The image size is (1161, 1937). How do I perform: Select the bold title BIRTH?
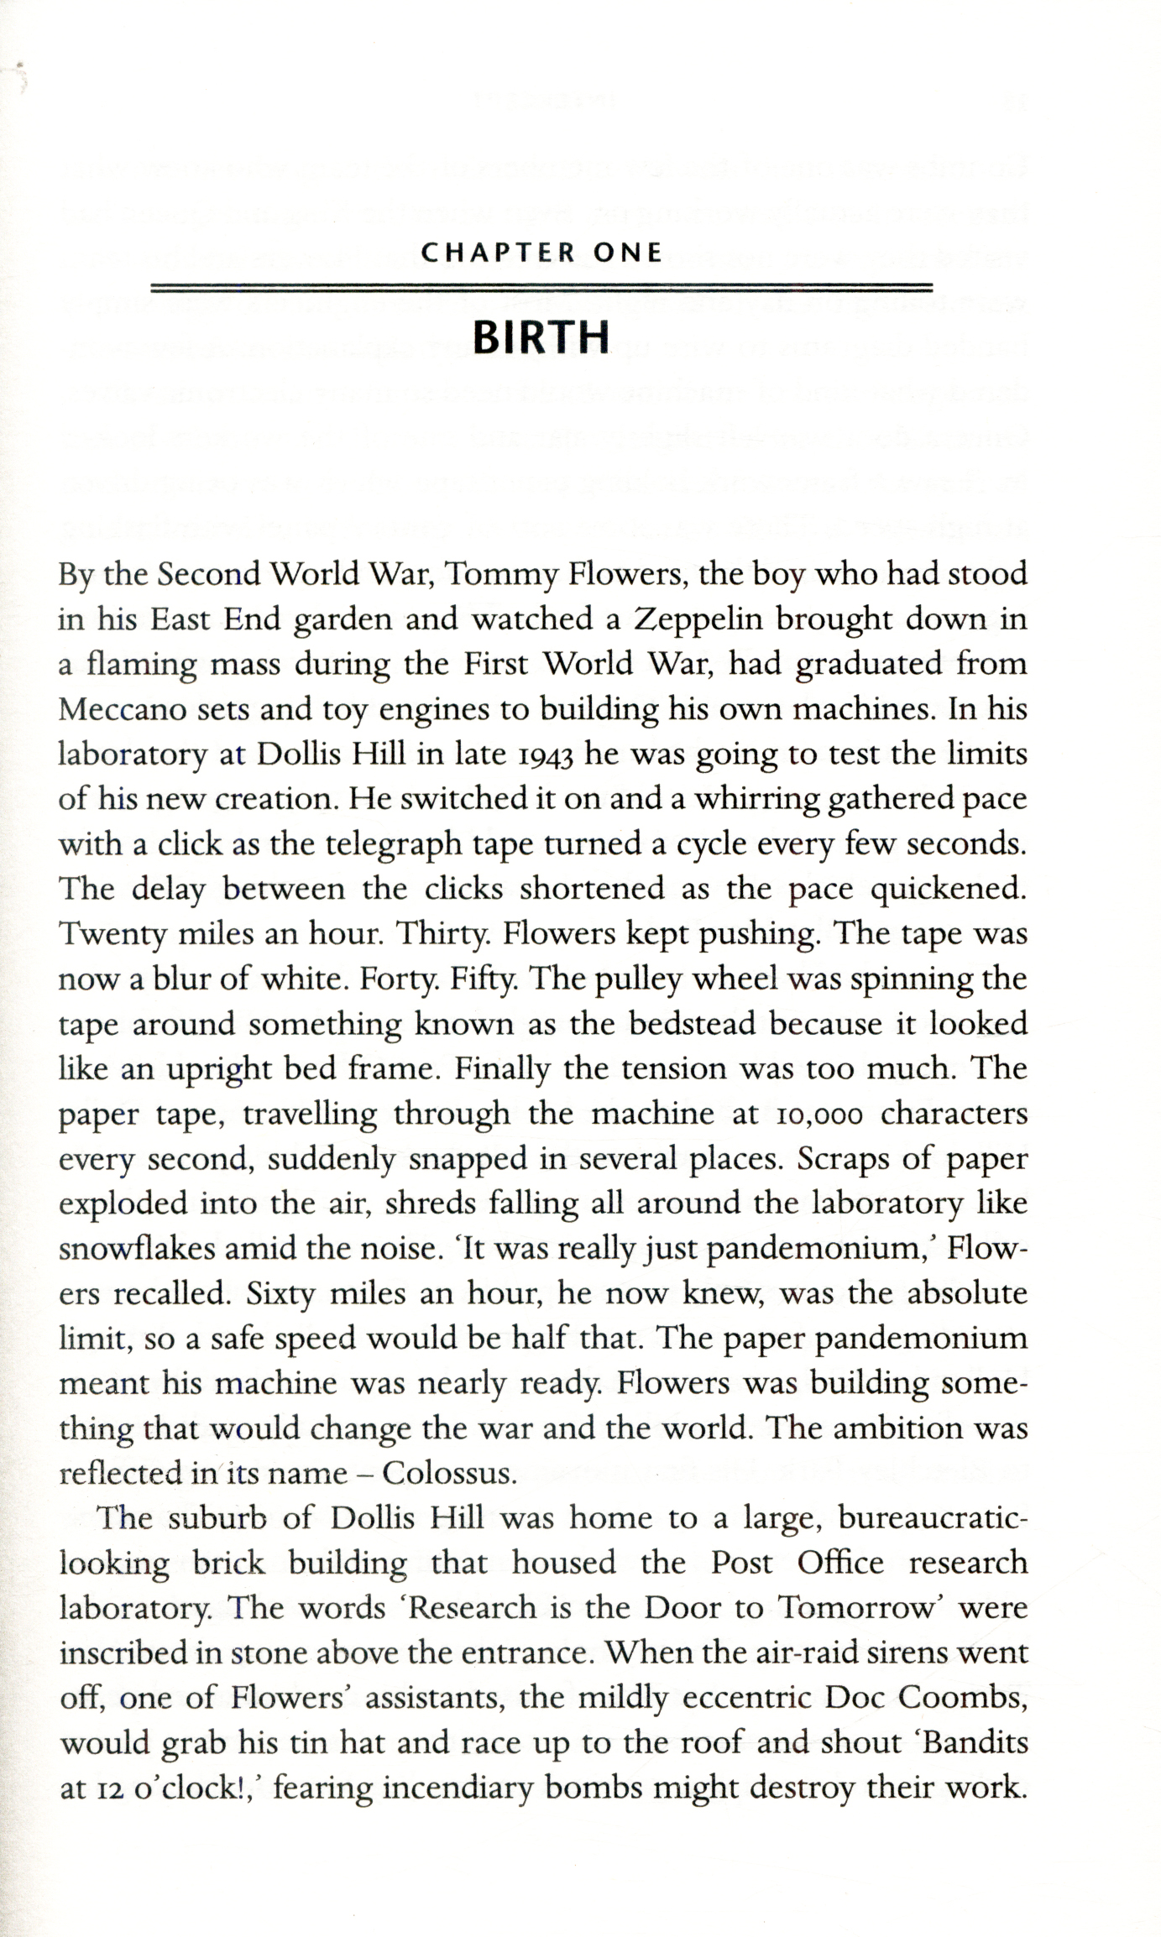[x=541, y=337]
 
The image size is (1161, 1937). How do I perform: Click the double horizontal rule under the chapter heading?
[x=541, y=289]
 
